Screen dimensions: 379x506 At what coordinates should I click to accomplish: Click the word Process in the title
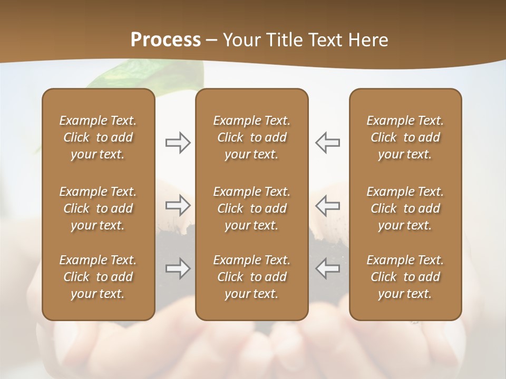[x=166, y=40]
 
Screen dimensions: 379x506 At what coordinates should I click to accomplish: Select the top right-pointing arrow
[x=178, y=143]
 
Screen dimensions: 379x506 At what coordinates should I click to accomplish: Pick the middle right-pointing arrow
[x=178, y=205]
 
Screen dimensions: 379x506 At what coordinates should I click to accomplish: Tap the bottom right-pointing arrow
[x=178, y=268]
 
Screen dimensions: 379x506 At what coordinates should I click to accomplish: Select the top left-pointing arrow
[x=327, y=143]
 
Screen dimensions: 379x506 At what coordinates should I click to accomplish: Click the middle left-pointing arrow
[x=327, y=205]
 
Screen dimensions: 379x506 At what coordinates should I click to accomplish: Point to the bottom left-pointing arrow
[x=327, y=268]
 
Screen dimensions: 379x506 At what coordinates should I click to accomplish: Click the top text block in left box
[x=98, y=137]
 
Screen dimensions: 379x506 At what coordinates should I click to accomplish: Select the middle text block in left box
[x=98, y=208]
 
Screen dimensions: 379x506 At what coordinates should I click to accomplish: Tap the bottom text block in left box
[x=98, y=277]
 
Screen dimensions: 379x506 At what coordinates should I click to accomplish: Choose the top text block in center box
[x=251, y=137]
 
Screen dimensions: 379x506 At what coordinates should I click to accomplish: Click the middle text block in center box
[x=251, y=208]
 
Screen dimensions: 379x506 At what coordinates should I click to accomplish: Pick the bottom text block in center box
[x=251, y=277]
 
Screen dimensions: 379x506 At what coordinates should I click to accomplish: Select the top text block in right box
[x=405, y=137]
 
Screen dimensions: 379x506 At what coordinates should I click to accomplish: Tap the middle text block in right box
[x=405, y=208]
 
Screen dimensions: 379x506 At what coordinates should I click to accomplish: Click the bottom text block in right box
[x=405, y=277]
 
